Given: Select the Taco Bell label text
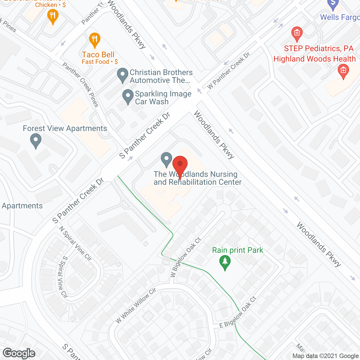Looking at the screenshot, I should tap(98, 55).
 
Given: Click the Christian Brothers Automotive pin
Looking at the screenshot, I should tap(122, 75).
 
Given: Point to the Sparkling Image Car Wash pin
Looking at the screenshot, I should tap(128, 96).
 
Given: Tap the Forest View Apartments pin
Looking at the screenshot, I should tap(36, 140).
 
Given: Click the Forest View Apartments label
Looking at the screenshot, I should tap(65, 129).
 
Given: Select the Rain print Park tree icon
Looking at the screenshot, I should tap(225, 262).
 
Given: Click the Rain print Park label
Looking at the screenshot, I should tap(238, 250).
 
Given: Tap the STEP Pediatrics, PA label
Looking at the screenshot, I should tap(319, 49).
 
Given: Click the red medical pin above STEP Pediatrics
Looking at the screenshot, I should tap(297, 33).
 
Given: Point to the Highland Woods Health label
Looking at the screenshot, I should tap(314, 59).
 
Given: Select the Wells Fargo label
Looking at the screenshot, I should tap(340, 17).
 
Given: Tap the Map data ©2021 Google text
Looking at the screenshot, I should tap(325, 356).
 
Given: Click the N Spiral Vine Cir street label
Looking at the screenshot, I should tap(75, 244).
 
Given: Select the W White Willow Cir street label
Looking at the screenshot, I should tap(136, 305).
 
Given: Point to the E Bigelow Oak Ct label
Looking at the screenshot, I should tap(238, 312).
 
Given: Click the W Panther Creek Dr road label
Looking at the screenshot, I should tap(229, 71).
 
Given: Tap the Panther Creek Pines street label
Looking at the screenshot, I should tap(81, 85).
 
